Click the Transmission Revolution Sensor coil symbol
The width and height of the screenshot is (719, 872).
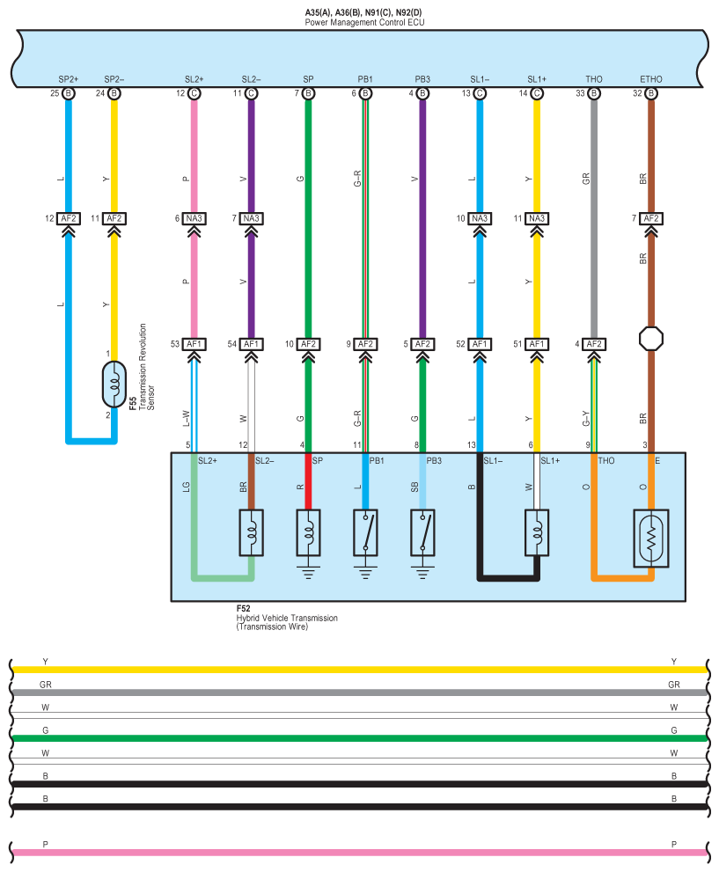tap(113, 385)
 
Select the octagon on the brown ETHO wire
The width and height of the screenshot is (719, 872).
tap(651, 339)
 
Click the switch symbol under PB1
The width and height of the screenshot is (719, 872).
tap(365, 531)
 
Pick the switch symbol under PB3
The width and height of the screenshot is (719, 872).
tap(422, 531)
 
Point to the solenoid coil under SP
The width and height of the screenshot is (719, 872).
tap(308, 532)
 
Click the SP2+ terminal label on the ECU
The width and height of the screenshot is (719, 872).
tap(67, 79)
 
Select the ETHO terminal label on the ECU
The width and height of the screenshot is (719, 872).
tap(651, 79)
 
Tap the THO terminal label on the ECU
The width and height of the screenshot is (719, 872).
tap(594, 79)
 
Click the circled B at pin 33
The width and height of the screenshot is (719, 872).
tap(594, 92)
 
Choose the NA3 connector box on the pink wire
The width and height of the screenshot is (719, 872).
tap(194, 218)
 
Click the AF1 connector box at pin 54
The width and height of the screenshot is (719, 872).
tap(252, 344)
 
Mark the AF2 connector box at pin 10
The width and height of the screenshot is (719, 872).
tap(308, 344)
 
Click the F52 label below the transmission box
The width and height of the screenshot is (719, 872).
tap(243, 609)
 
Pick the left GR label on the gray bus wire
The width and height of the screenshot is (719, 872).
tap(46, 684)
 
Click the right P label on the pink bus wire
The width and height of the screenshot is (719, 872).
tap(674, 844)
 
